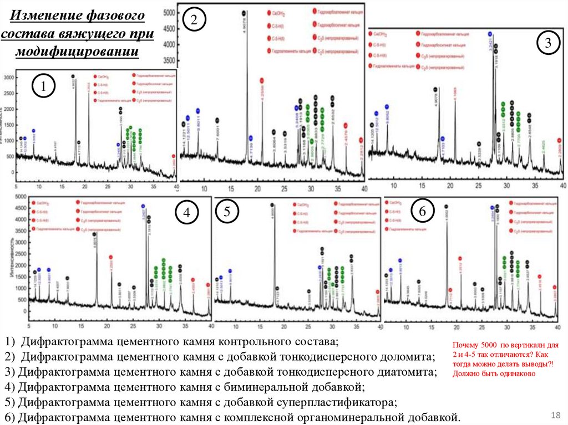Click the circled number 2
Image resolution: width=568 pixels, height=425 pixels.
point(194,21)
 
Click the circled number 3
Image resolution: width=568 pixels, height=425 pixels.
point(547,43)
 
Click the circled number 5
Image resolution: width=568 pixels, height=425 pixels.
point(228,211)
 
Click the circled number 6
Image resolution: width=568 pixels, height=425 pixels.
point(422,211)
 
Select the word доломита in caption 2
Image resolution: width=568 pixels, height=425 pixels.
point(408,356)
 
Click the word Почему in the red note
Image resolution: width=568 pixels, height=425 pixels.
point(465,345)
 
